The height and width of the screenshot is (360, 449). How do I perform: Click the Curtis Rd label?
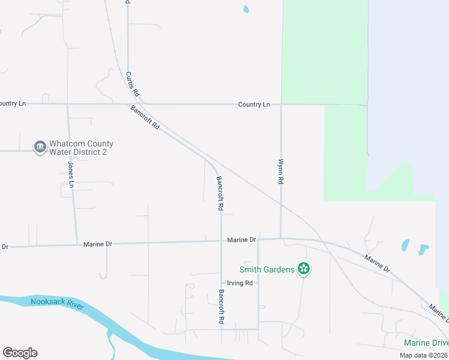point(132,85)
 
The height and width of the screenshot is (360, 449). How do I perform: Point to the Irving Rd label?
point(240,283)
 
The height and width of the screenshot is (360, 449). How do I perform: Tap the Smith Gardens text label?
point(267,269)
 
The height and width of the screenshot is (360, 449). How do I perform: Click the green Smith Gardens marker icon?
point(304,269)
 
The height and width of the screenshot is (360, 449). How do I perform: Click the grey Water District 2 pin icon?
point(40,147)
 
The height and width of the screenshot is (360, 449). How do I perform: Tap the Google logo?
point(20,353)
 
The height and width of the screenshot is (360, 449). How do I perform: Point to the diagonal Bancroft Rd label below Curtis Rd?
point(145,118)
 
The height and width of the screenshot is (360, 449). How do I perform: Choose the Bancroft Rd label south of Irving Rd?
point(221,308)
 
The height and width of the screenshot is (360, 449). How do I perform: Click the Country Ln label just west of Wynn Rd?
point(254,104)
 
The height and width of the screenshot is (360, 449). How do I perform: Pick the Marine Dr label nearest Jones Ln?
point(98,244)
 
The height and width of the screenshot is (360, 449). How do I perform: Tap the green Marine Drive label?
point(426,343)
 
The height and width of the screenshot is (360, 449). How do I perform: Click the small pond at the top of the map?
point(246,10)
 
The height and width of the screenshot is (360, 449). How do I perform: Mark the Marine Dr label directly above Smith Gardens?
point(242,240)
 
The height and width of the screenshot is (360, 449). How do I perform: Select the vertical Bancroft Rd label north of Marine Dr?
point(220,193)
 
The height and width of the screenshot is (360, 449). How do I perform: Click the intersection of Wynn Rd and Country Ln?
point(281,104)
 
